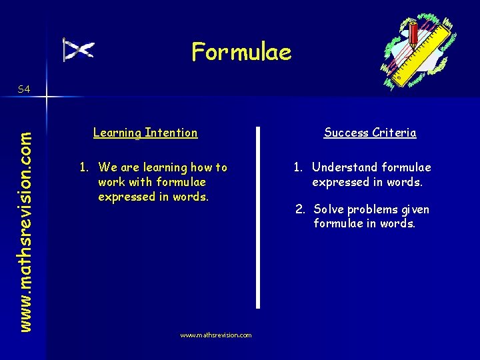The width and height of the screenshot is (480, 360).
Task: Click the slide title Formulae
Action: click(x=241, y=51)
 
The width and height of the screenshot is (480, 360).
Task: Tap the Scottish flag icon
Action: click(x=79, y=50)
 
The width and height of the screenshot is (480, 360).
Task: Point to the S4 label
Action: click(x=23, y=89)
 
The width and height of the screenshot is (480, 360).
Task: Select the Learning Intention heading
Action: click(x=145, y=133)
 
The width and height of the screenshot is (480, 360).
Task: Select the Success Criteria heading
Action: click(x=370, y=133)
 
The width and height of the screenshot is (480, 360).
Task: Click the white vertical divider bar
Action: click(x=258, y=217)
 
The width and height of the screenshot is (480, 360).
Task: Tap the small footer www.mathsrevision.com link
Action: click(x=216, y=335)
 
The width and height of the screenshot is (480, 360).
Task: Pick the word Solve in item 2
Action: click(x=329, y=209)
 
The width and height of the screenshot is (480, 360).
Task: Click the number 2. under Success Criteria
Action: click(x=301, y=209)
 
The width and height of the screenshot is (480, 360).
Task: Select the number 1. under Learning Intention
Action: click(x=85, y=167)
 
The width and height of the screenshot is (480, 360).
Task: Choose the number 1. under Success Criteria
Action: click(x=299, y=167)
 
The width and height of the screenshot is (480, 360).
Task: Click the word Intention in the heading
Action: click(x=171, y=133)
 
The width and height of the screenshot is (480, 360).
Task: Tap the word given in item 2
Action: click(x=415, y=210)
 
